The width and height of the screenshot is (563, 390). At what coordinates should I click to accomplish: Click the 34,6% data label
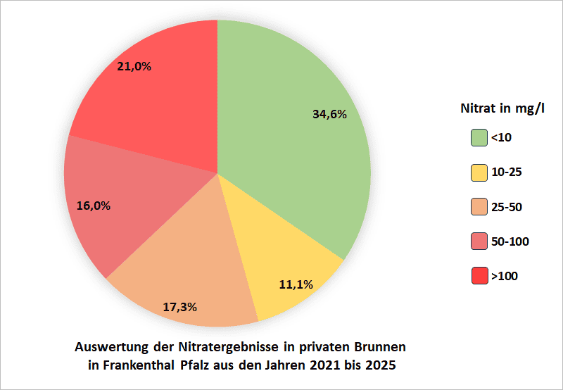[329, 114]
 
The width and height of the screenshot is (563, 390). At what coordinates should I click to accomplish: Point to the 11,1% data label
[296, 285]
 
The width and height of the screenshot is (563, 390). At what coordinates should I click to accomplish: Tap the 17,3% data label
[179, 307]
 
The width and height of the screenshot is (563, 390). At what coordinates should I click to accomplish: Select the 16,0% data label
[92, 206]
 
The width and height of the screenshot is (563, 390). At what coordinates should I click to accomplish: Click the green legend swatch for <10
[479, 137]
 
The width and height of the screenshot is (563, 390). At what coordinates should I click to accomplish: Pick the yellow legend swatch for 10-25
[479, 172]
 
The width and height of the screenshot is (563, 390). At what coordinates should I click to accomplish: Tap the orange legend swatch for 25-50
[479, 207]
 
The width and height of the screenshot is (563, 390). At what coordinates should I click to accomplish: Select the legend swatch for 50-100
[479, 241]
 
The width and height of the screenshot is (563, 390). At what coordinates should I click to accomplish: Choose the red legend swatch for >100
[479, 276]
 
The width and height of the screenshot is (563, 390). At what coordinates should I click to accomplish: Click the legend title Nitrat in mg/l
[502, 109]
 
